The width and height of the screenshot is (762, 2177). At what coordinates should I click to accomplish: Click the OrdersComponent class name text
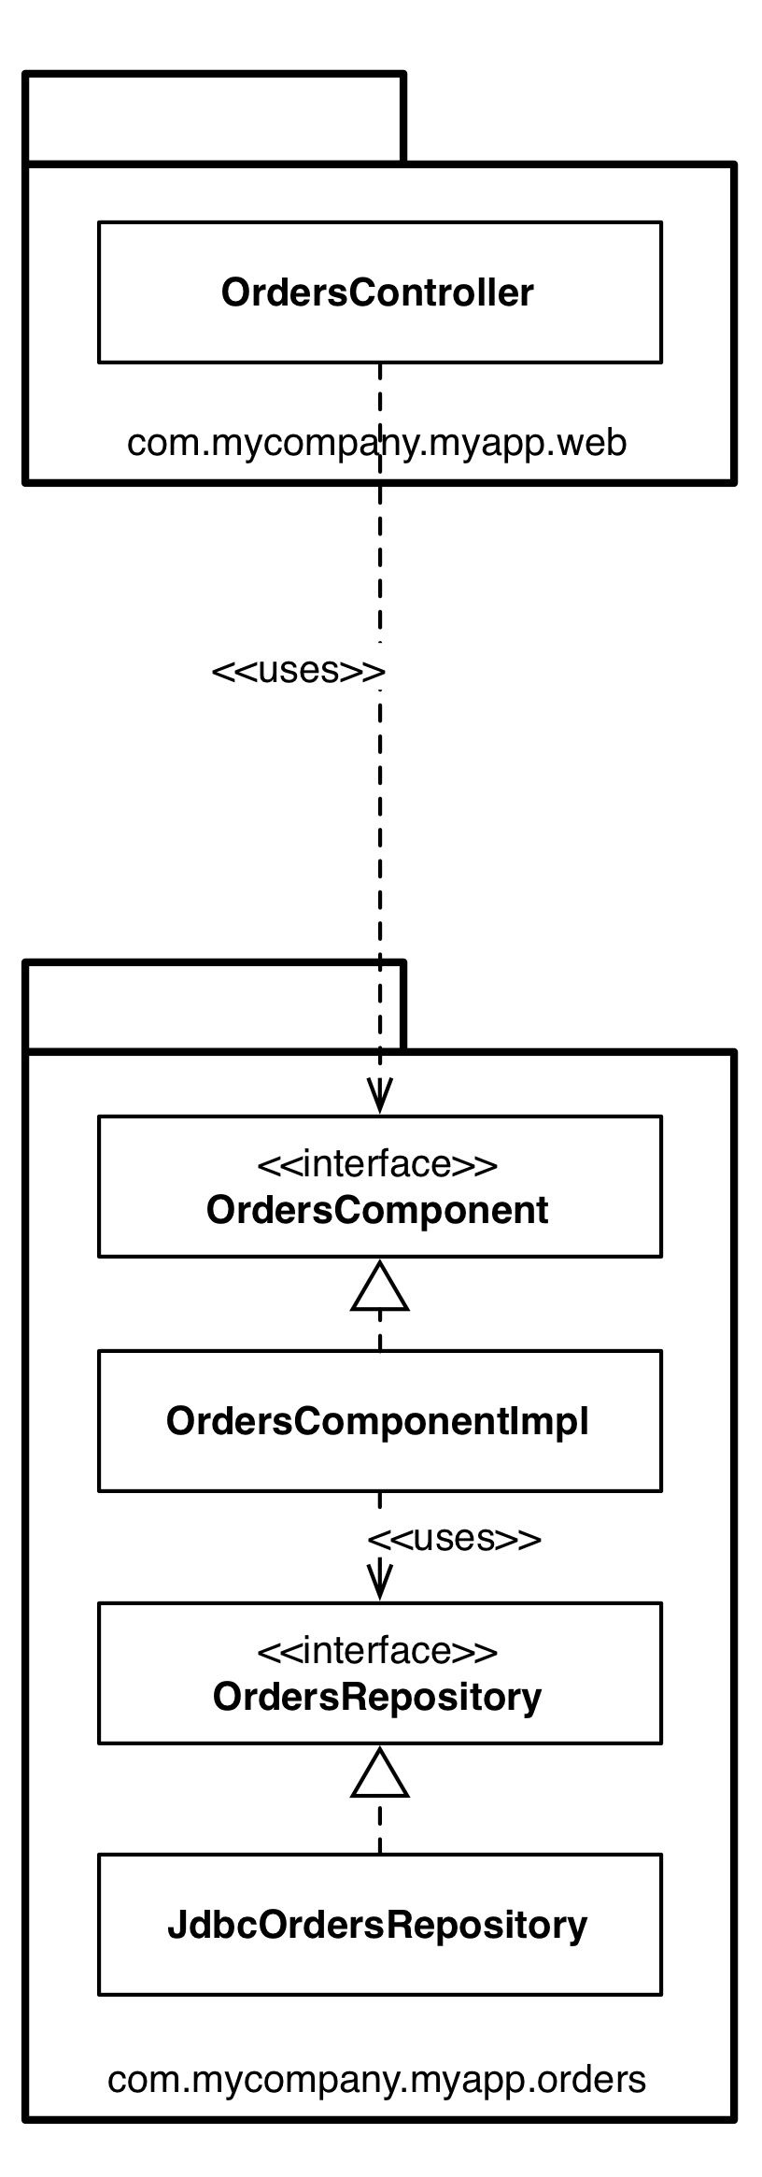click(377, 1210)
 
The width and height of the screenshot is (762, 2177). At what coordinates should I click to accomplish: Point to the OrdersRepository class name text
click(377, 1696)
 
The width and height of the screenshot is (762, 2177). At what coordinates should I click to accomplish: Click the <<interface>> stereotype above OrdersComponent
click(377, 1165)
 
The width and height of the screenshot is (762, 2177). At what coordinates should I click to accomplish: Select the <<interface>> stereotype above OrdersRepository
click(377, 1651)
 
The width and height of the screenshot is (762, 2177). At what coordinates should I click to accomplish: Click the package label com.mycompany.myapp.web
click(376, 442)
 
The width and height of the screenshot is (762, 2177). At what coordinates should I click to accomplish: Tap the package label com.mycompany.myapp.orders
click(376, 2079)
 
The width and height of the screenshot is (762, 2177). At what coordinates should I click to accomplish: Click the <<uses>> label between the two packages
click(298, 670)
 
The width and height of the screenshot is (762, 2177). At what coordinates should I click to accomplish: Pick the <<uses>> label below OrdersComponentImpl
click(454, 1538)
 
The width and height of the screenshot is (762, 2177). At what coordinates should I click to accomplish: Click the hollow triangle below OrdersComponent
click(379, 1289)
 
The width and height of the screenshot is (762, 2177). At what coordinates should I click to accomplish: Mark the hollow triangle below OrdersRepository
click(379, 1775)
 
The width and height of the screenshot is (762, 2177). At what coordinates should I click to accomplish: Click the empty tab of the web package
click(215, 117)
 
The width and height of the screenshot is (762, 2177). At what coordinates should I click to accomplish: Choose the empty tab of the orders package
click(215, 1005)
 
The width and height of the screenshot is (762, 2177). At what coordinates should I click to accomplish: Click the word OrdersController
click(377, 292)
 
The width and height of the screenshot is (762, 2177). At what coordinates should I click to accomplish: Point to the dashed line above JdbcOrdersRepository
click(379, 1827)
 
